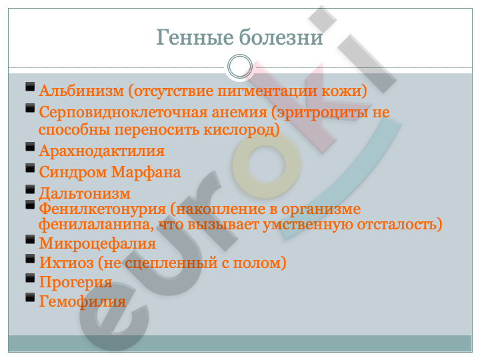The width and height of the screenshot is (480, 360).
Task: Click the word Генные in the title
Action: pyautogui.click(x=195, y=37)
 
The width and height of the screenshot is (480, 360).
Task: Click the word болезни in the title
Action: pyautogui.click(x=281, y=37)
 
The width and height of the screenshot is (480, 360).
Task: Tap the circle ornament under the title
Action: pyautogui.click(x=240, y=67)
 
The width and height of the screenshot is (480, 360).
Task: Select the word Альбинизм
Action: pyautogui.click(x=81, y=91)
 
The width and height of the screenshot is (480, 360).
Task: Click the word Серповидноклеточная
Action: pyautogui.click(x=153, y=112)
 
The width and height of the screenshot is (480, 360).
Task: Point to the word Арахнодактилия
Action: pyautogui.click(x=101, y=151)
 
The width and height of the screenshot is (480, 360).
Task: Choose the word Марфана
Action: pyautogui.click(x=146, y=172)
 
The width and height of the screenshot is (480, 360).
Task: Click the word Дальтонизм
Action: pyautogui.click(x=85, y=194)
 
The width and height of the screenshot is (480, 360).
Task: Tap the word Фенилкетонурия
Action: pyautogui.click(x=102, y=209)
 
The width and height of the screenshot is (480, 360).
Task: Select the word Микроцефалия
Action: pyautogui.click(x=97, y=244)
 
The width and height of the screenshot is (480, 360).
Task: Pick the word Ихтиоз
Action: pyautogui.click(x=67, y=263)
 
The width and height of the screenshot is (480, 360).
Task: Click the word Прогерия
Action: pyautogui.click(x=75, y=282)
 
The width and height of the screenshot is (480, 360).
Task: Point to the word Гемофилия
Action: pyautogui.click(x=83, y=301)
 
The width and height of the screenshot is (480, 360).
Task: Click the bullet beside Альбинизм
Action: pyautogui.click(x=30, y=87)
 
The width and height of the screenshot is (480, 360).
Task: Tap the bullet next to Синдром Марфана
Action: pyautogui.click(x=30, y=168)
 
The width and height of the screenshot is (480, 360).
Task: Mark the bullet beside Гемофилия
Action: pyautogui.click(x=30, y=297)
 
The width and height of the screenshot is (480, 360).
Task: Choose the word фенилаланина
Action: pyautogui.click(x=96, y=225)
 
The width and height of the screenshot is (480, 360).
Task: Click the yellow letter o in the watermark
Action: pyautogui.click(x=266, y=165)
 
